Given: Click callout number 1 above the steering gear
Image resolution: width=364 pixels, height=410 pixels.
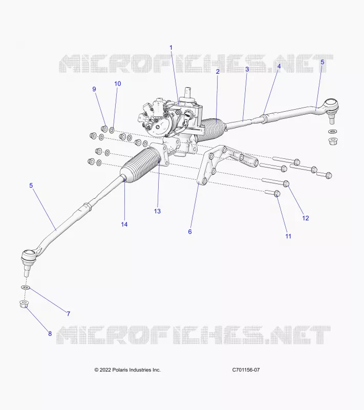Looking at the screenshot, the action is pyautogui.click(x=171, y=48).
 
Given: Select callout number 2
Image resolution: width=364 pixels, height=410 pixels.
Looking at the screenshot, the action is pyautogui.click(x=218, y=71).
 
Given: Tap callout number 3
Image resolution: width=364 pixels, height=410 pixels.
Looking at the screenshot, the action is pyautogui.click(x=247, y=69).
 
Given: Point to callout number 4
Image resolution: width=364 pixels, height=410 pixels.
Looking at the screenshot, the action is pyautogui.click(x=279, y=67).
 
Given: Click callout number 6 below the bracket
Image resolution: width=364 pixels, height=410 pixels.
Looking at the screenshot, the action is pyautogui.click(x=190, y=232).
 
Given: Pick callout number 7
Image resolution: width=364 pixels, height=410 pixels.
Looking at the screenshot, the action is pyautogui.click(x=69, y=314).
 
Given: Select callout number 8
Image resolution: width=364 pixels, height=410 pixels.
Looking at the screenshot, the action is pyautogui.click(x=50, y=334).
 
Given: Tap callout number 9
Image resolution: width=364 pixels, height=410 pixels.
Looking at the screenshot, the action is pyautogui.click(x=94, y=89).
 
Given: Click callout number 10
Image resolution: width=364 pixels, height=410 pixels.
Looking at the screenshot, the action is pyautogui.click(x=118, y=84).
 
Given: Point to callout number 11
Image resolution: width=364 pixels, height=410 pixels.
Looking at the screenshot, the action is pyautogui.click(x=288, y=236).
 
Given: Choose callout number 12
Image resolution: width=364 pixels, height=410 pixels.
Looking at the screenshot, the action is pyautogui.click(x=306, y=218).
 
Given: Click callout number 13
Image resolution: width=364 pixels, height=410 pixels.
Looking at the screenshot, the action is pyautogui.click(x=157, y=211).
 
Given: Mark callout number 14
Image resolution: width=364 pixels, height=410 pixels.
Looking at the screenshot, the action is pyautogui.click(x=124, y=224).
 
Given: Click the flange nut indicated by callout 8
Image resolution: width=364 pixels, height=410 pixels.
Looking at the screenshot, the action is pyautogui.click(x=24, y=304).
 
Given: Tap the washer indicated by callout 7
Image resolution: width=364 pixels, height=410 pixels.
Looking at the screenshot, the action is pyautogui.click(x=25, y=288).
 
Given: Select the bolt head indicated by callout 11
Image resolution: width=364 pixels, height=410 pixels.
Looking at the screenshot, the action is pyautogui.click(x=277, y=194).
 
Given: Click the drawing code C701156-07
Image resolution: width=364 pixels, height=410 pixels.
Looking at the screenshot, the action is pyautogui.click(x=246, y=370).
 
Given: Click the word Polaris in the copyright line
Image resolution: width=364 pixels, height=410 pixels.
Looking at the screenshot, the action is pyautogui.click(x=120, y=370).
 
